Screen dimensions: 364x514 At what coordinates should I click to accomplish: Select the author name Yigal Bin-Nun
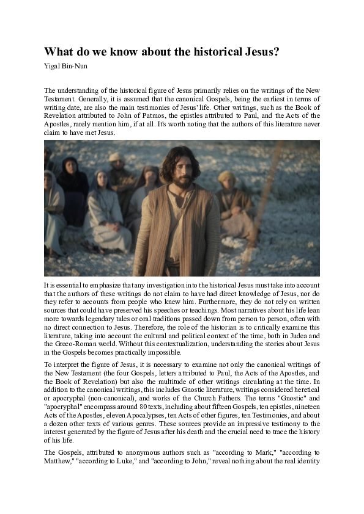click(64, 65)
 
